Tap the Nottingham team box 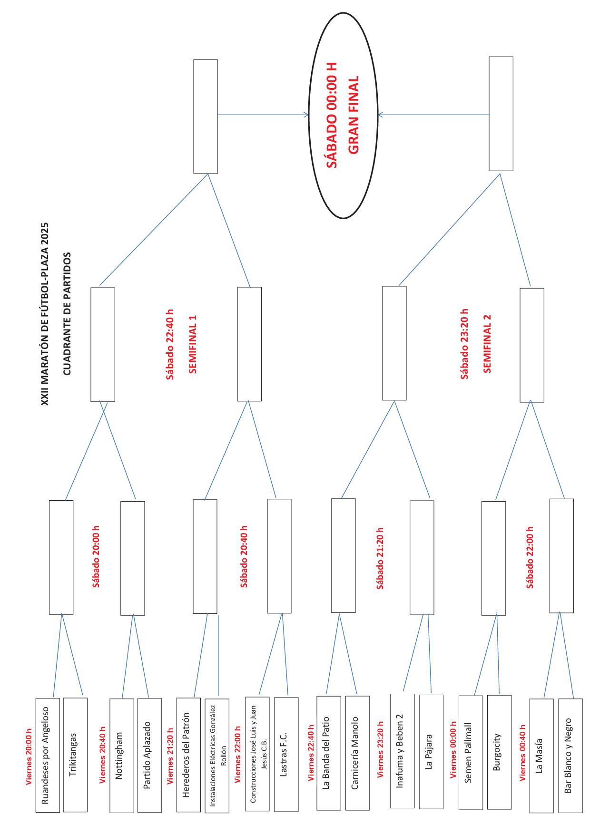point(121,757)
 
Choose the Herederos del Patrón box point(188,756)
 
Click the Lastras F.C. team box point(286,756)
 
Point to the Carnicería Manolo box point(357,755)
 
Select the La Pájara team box point(431,754)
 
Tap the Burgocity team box point(499,754)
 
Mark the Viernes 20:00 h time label point(29,757)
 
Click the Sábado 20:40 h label point(244,557)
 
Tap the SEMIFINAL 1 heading point(193,344)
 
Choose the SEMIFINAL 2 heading point(487,343)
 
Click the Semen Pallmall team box point(471,755)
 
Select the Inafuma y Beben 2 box point(402,753)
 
